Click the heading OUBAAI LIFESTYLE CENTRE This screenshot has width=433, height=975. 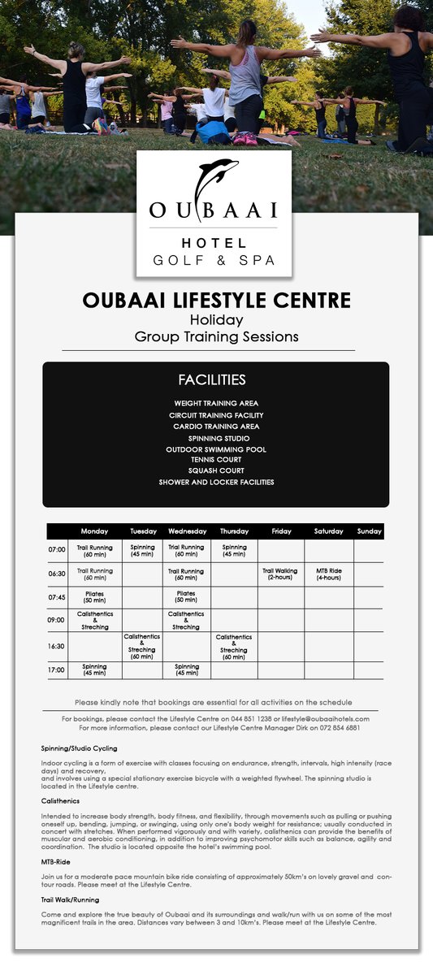coord(216,301)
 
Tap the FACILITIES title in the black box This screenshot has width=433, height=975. coord(211,380)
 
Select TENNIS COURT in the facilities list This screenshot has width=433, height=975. coord(215,460)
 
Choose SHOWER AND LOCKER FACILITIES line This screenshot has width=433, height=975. coord(216,482)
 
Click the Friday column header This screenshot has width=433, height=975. coord(281,531)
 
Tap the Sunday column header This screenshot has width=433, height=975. coord(369,531)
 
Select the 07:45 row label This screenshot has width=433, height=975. coord(56,597)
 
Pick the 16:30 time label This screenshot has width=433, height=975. coord(56,647)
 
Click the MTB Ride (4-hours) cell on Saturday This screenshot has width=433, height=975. coord(328,574)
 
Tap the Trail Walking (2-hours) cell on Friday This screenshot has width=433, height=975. coord(280,574)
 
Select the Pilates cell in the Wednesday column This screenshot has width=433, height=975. coord(186,597)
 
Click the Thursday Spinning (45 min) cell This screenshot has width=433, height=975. coord(234,551)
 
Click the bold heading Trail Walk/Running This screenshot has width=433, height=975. coord(70,900)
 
